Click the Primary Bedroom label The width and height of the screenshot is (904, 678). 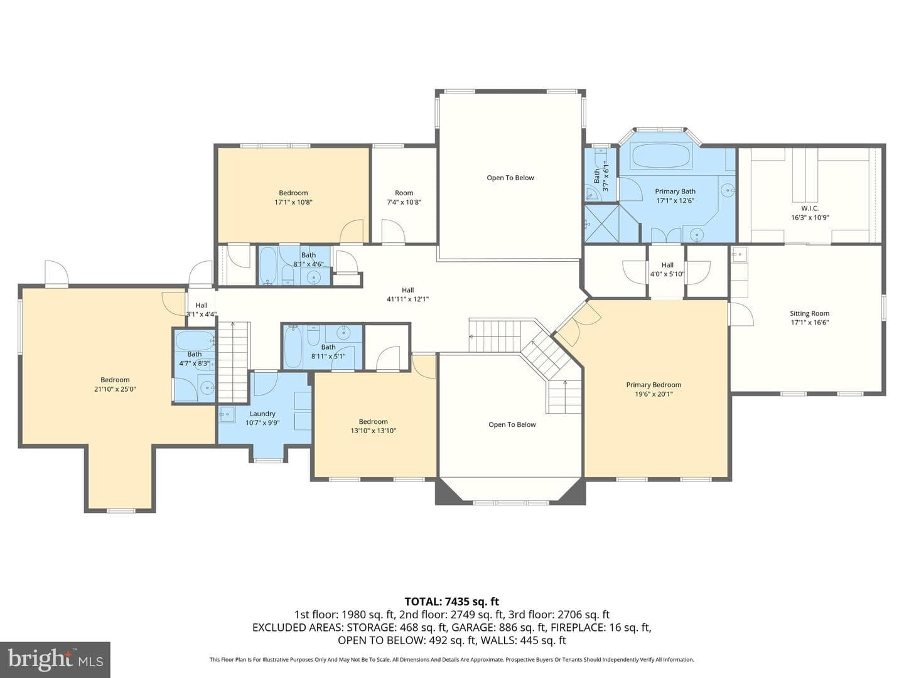[654, 384]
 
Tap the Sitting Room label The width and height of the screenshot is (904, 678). [809, 313]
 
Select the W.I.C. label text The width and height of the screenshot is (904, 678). [810, 208]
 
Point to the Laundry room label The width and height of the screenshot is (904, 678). [262, 414]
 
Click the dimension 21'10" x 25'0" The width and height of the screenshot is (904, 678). [115, 389]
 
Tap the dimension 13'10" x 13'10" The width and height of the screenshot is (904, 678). [373, 431]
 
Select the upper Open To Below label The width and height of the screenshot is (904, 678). [510, 178]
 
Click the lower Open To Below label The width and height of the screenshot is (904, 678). [512, 424]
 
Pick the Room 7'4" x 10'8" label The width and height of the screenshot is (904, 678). [404, 197]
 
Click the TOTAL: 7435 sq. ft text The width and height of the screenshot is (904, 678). [452, 601]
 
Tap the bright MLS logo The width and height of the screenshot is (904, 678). [55, 660]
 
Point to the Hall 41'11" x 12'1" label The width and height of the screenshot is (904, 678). [407, 294]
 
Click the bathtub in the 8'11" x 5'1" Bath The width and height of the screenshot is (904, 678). [293, 347]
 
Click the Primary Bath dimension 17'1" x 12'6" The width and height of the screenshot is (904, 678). [675, 200]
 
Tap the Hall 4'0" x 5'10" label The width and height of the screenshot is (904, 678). [667, 269]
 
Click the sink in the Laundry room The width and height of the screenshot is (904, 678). [227, 414]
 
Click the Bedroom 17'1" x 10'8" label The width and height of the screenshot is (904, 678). [293, 197]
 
